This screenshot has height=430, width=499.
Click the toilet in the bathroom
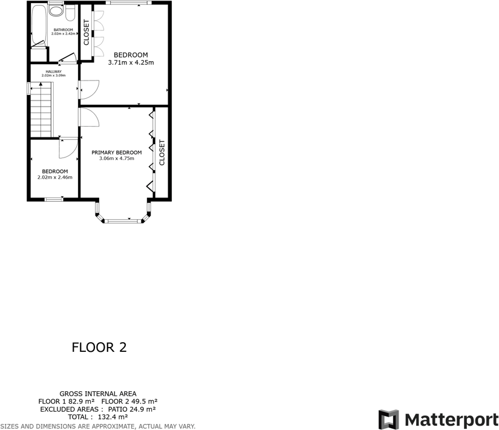click(56, 10)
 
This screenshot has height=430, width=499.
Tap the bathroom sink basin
click(70, 12)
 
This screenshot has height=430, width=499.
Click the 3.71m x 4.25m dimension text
click(131, 62)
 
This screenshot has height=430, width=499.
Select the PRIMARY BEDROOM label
click(117, 153)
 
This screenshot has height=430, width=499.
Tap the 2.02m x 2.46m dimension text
click(54, 177)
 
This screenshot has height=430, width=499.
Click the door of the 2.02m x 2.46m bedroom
click(67, 148)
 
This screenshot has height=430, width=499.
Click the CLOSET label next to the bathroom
click(86, 33)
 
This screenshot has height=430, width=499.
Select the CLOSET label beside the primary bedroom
click(161, 153)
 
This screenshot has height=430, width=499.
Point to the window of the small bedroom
click(54, 199)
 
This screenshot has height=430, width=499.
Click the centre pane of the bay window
click(123, 221)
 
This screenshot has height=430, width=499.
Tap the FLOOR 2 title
click(99, 348)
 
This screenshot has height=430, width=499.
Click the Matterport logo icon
click(389, 420)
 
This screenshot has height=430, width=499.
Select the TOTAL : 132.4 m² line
click(97, 417)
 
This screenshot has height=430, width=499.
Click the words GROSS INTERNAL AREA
click(97, 393)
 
